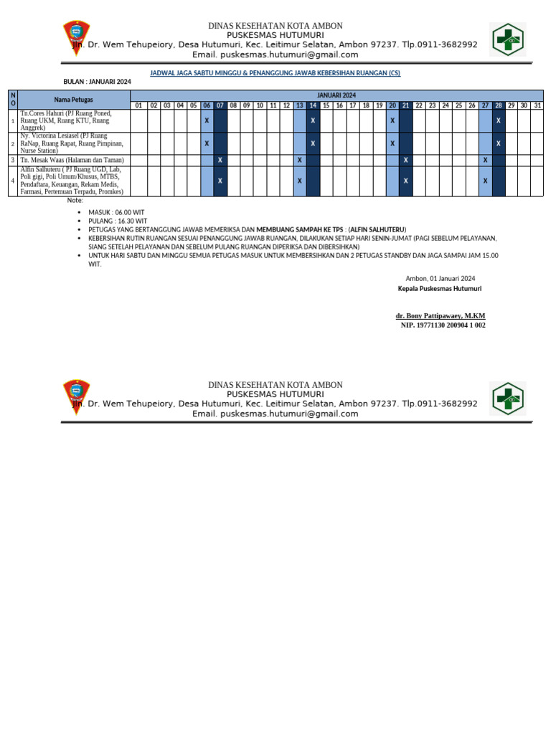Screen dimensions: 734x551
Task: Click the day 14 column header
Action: (x=313, y=105)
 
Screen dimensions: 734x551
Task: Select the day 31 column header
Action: (x=537, y=105)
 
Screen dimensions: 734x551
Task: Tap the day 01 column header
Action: (x=141, y=105)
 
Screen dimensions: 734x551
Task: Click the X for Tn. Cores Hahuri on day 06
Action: (x=207, y=120)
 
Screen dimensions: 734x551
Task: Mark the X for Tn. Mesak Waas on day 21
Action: (x=406, y=160)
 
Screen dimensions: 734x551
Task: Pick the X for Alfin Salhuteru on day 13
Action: (x=299, y=181)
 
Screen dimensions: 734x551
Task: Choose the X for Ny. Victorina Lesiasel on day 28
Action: (x=499, y=143)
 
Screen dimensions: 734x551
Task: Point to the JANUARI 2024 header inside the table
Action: (x=336, y=95)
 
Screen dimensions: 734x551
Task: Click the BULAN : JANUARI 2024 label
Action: (x=98, y=82)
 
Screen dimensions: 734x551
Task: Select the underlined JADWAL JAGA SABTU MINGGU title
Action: (x=275, y=73)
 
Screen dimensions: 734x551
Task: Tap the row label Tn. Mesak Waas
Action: (x=72, y=160)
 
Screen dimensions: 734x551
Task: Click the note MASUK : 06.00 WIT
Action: (x=116, y=213)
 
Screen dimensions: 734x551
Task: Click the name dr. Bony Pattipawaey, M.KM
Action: (x=440, y=315)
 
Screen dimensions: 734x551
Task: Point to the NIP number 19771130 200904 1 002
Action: (x=443, y=325)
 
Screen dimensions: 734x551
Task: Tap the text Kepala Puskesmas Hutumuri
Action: (x=439, y=288)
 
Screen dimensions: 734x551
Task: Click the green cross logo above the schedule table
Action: (x=508, y=39)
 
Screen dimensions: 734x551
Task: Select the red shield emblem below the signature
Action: (x=77, y=400)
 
